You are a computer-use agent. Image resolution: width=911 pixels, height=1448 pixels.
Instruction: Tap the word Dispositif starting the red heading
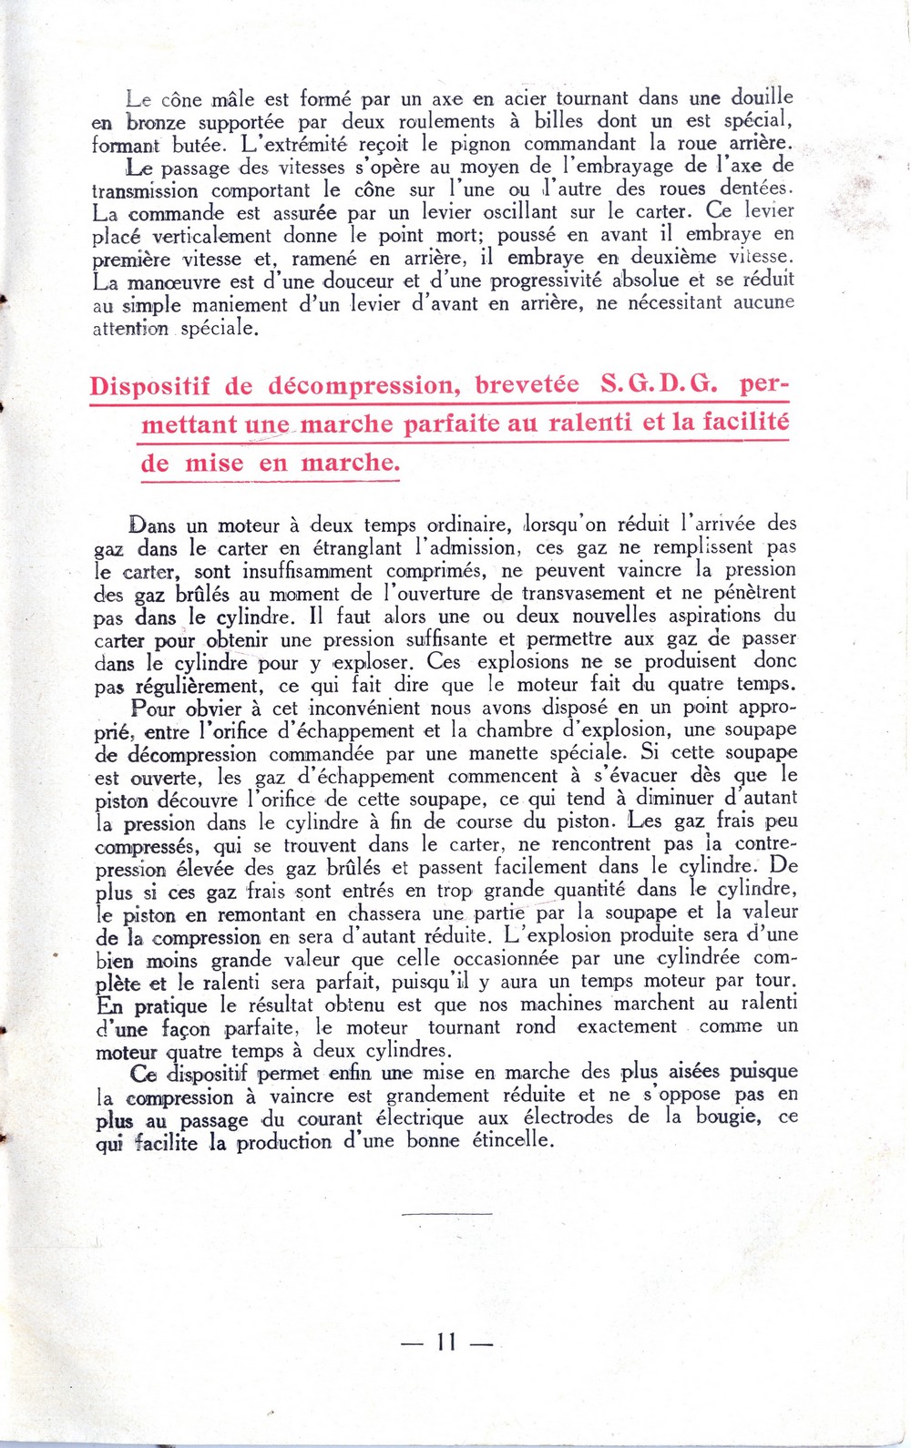[x=149, y=386]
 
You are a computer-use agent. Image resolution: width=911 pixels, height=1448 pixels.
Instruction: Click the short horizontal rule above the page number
[x=446, y=1212]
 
